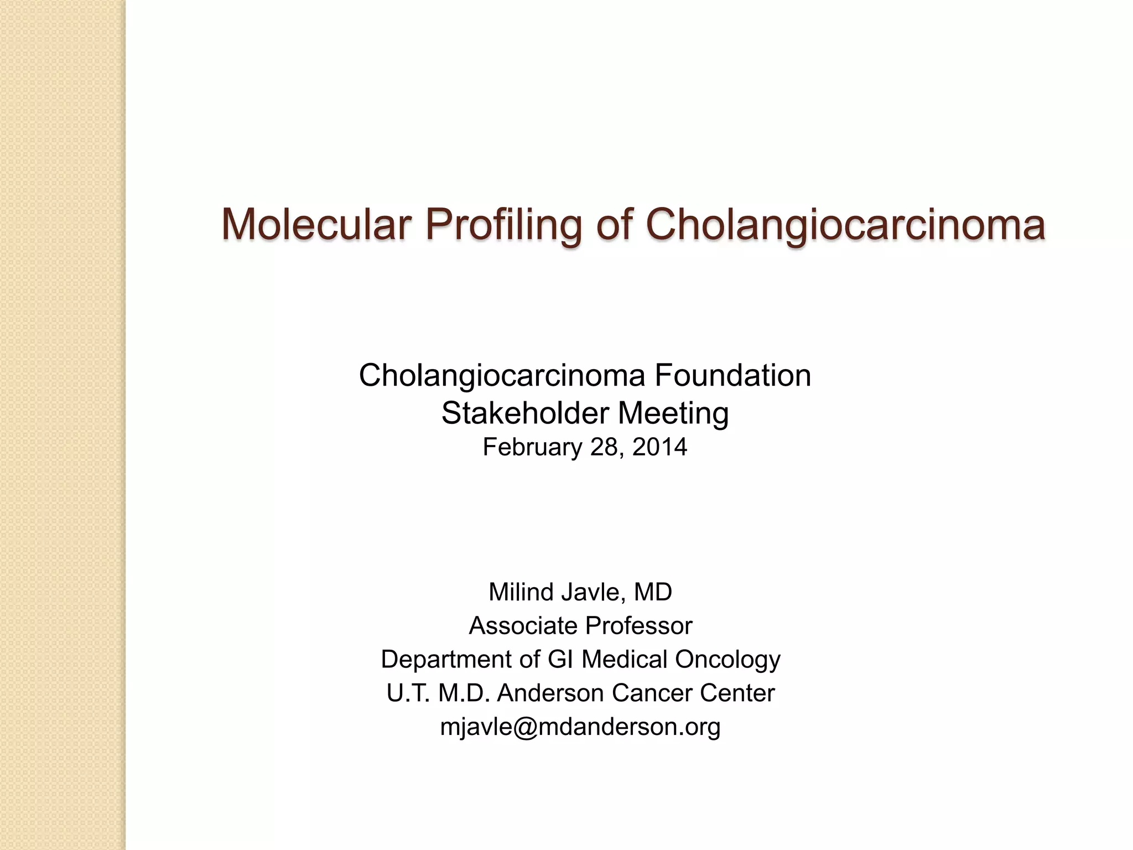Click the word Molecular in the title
(x=316, y=225)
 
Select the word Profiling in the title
(x=503, y=225)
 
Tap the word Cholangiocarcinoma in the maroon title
(x=845, y=225)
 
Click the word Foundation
(x=732, y=375)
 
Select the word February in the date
(x=532, y=447)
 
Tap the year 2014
(x=659, y=447)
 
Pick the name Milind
(x=521, y=592)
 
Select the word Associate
(x=523, y=626)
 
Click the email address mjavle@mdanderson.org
(x=580, y=727)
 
